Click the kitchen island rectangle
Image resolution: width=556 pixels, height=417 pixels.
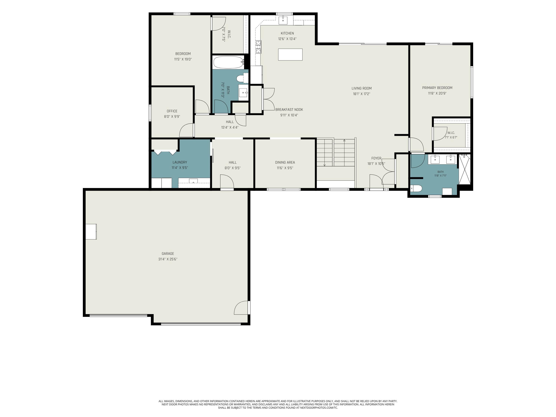pyautogui.click(x=290, y=54)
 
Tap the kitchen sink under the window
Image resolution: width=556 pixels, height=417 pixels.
pyautogui.click(x=283, y=20)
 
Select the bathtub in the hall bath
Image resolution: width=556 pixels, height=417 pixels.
pyautogui.click(x=228, y=62)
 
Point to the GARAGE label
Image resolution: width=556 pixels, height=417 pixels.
pyautogui.click(x=168, y=254)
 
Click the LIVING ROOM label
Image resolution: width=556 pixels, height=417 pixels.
pyautogui.click(x=361, y=88)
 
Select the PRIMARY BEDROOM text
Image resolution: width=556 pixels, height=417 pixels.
pyautogui.click(x=437, y=88)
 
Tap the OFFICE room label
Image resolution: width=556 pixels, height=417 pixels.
pyautogui.click(x=172, y=111)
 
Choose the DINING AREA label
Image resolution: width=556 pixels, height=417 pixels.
pyautogui.click(x=285, y=162)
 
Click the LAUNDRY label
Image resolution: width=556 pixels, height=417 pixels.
pyautogui.click(x=180, y=162)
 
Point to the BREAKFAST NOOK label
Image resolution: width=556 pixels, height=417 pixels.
pyautogui.click(x=289, y=110)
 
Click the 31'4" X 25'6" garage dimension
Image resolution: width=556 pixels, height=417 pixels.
pyautogui.click(x=168, y=259)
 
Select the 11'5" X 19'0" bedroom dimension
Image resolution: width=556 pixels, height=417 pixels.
pyautogui.click(x=183, y=59)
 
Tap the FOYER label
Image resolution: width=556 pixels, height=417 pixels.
pyautogui.click(x=376, y=158)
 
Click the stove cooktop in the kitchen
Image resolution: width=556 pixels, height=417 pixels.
pyautogui.click(x=258, y=47)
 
